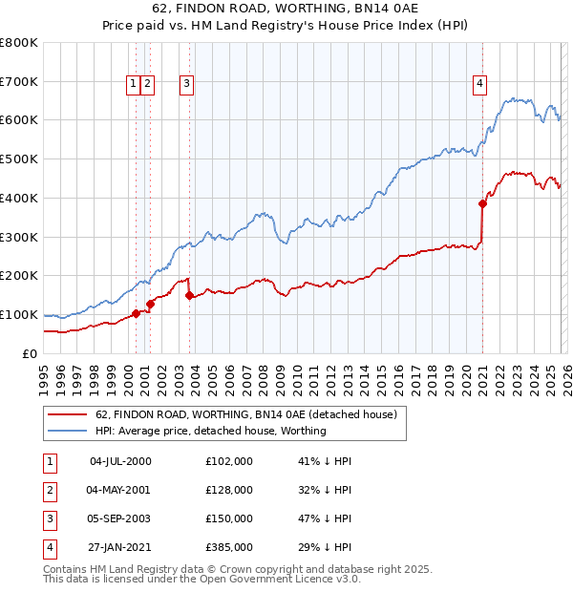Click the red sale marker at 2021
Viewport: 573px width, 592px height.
[x=482, y=202]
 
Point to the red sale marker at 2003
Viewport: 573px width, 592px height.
[x=190, y=295]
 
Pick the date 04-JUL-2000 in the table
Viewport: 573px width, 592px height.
[x=119, y=461]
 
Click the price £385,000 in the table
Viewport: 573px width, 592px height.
[x=229, y=547]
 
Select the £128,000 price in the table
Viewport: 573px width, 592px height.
[x=229, y=490]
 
